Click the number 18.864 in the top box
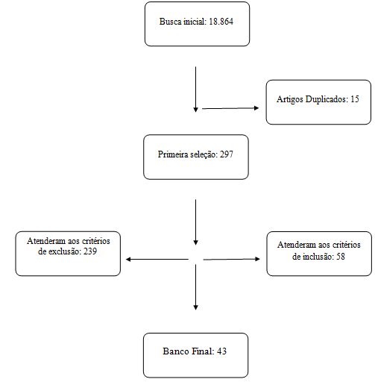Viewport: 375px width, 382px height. click(221, 22)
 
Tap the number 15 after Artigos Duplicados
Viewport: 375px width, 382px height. click(355, 99)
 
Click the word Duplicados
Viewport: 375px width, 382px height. click(327, 99)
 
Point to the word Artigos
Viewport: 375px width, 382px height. click(290, 99)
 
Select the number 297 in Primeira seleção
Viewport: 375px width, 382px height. click(227, 154)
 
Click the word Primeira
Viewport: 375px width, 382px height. click(173, 154)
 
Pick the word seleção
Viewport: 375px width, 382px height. click(204, 154)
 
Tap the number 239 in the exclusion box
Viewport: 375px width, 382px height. click(90, 251)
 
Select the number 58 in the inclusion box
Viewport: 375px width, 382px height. click(341, 257)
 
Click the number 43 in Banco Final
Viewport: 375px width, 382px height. click(221, 351)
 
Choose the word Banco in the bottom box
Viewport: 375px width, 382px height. click(174, 351)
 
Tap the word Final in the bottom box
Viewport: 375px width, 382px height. click(202, 351)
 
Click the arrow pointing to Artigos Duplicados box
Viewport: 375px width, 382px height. click(230, 108)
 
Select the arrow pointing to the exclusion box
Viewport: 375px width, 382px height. click(157, 260)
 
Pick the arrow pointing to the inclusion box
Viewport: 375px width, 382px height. click(231, 259)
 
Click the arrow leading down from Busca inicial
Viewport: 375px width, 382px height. click(195, 90)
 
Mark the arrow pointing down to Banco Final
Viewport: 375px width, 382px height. click(195, 287)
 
